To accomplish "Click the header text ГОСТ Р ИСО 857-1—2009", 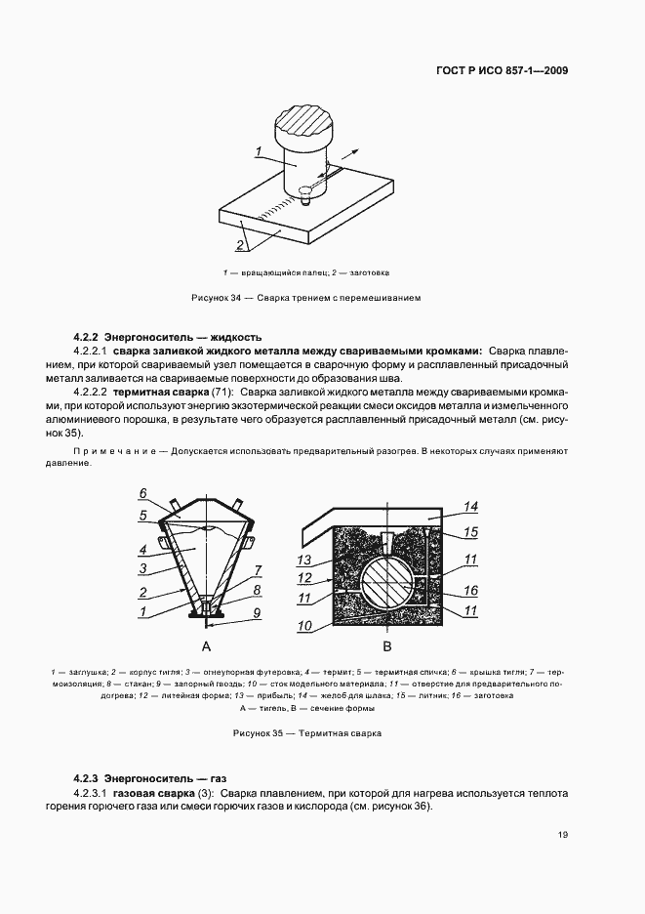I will click(503, 70).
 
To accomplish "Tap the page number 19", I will click(563, 835).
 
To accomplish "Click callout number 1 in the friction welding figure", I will click(259, 151).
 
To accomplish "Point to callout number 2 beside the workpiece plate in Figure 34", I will click(240, 245).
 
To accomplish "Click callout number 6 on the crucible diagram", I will click(142, 493).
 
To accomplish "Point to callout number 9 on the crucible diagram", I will click(257, 612).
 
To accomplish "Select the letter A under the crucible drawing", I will click(206, 646).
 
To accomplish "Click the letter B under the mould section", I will click(386, 646).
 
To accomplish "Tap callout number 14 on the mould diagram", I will click(470, 506).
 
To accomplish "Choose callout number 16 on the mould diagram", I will click(470, 591).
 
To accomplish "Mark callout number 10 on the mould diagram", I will click(304, 625).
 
